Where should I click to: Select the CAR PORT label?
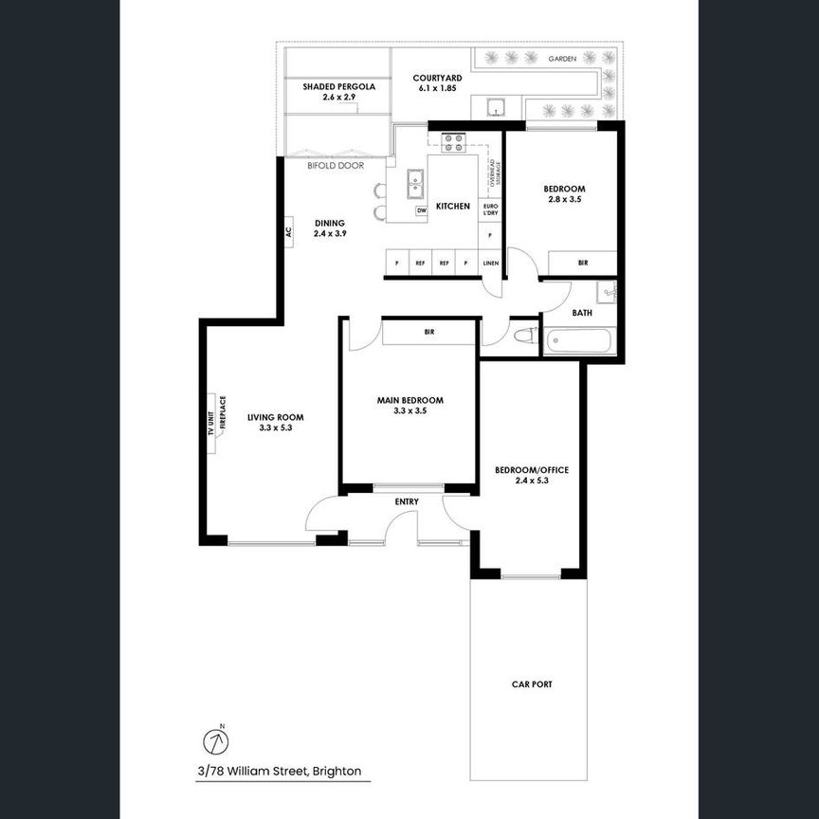(532, 683)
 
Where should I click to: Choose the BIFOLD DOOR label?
(336, 165)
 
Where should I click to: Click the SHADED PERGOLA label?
(339, 86)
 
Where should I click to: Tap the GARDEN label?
(563, 59)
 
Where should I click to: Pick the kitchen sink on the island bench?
(415, 182)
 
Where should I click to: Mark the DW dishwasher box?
(422, 209)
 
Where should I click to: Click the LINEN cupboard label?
(490, 264)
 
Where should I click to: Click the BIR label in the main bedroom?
(429, 333)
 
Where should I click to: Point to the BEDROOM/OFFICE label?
(532, 469)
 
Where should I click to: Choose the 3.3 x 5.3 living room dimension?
(275, 428)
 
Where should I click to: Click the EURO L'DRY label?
(490, 209)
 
